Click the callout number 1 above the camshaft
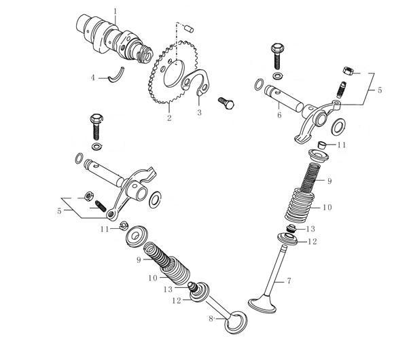(115, 12)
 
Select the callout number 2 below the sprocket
(169, 118)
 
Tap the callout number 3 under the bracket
(199, 112)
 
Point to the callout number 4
(93, 78)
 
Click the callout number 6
(279, 115)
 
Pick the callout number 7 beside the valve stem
(289, 281)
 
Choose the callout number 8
(211, 319)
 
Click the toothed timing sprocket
(174, 73)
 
